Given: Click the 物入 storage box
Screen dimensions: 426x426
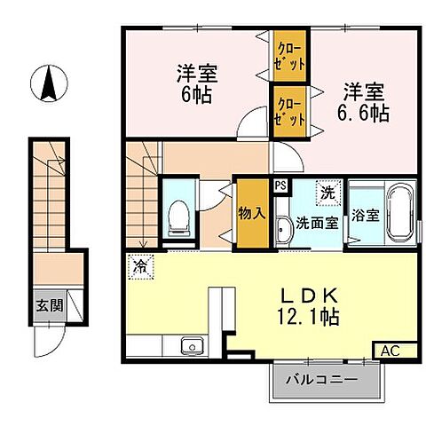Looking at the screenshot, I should point(250,213).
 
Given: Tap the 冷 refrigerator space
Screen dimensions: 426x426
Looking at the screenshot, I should point(139,264).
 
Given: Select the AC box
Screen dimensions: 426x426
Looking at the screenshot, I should point(389,350).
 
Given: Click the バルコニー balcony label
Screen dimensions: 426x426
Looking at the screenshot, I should point(321,381).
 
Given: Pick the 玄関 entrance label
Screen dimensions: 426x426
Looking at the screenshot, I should point(48,304).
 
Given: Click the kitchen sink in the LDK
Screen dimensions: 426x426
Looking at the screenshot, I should point(190,346).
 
